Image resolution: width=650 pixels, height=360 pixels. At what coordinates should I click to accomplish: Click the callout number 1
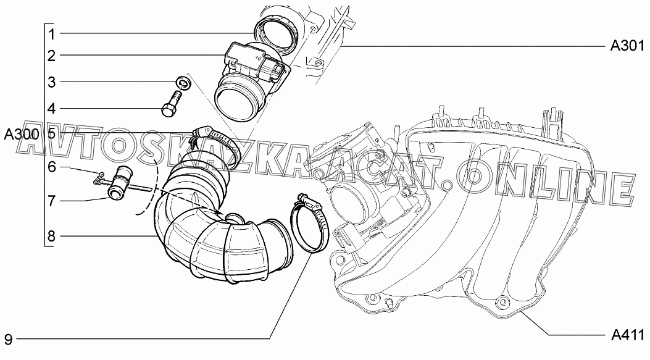[x=51, y=34]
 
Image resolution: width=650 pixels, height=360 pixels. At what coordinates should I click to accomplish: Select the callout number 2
[x=51, y=56]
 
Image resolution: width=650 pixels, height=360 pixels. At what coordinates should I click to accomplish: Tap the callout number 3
[x=51, y=82]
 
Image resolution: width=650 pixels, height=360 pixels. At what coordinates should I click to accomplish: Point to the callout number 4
[x=51, y=109]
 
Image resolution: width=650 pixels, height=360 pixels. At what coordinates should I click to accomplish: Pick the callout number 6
[x=51, y=167]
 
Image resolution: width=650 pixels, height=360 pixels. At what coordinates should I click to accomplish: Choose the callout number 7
[x=51, y=201]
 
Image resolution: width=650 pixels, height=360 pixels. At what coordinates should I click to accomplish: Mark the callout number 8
[x=51, y=237]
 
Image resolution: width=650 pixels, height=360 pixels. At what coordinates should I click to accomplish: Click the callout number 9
[x=8, y=340]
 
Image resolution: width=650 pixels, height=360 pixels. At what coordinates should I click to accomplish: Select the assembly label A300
[x=22, y=135]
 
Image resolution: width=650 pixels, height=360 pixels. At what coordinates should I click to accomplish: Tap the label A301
[x=627, y=46]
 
